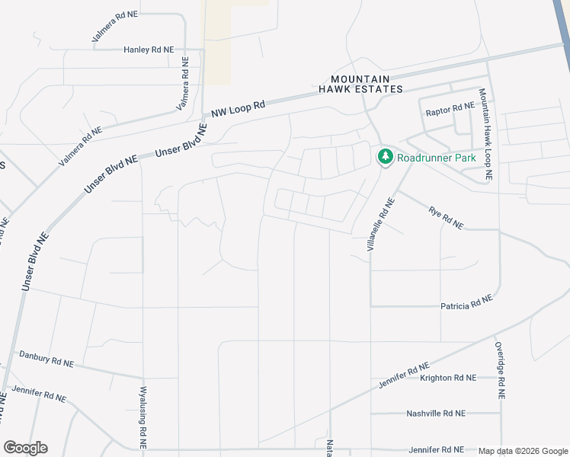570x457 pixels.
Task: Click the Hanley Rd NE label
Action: [149, 50]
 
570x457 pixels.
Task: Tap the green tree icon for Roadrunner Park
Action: [385, 158]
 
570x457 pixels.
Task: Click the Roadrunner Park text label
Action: [437, 158]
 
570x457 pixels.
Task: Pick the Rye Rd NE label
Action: [446, 219]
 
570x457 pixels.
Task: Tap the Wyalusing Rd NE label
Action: [142, 417]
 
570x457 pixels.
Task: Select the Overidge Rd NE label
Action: [500, 371]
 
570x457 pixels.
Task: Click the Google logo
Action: [25, 448]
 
